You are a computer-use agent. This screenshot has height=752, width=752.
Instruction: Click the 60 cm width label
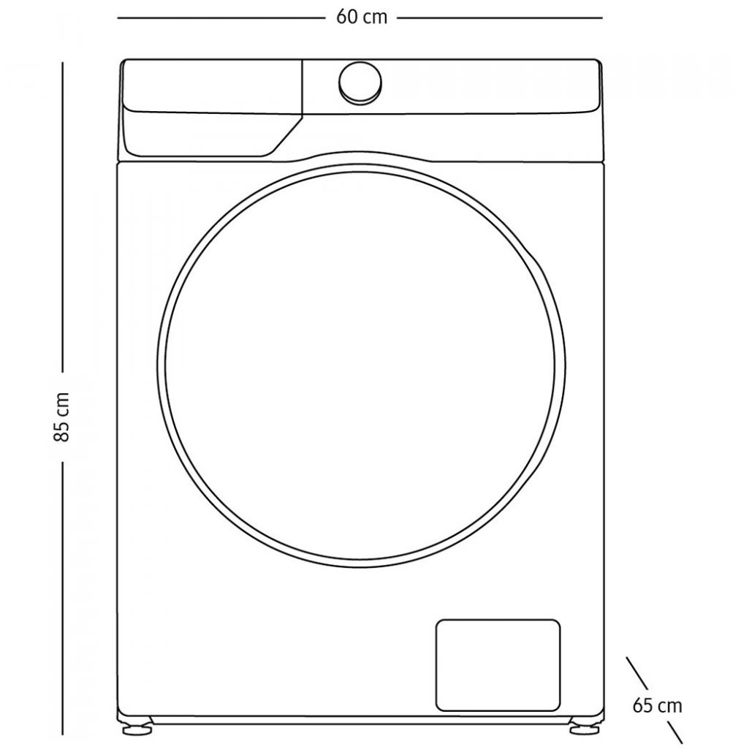362,18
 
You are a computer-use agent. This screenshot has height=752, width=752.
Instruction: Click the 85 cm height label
63,416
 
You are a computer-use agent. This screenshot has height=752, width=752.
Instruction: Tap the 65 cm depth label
657,705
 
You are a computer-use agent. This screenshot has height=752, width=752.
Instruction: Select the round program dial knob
360,83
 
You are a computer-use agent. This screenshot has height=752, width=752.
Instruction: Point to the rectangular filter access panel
498,664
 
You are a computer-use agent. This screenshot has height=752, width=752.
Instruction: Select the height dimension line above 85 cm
63,219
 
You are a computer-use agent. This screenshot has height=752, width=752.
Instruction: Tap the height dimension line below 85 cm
63,599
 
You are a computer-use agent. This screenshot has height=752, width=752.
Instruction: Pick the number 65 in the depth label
644,705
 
